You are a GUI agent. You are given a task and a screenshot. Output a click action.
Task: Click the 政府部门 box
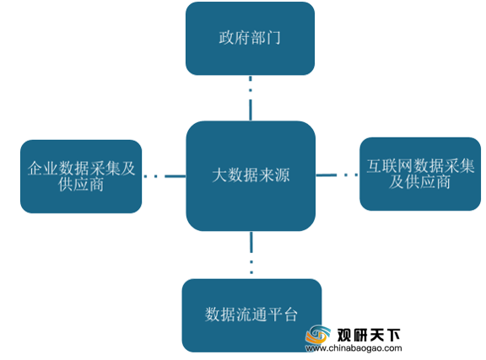pos(250,39)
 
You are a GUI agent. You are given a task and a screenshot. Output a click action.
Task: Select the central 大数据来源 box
pos(251,175)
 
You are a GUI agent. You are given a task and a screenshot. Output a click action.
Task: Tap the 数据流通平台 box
pos(251,315)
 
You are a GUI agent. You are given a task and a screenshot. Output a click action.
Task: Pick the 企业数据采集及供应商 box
pos(81,176)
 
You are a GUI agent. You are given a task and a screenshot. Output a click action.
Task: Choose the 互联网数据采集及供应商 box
pos(420,175)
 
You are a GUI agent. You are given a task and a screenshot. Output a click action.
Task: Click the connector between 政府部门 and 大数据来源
pos(251,98)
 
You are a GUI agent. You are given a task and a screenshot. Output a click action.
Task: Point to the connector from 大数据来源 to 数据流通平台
pos(251,253)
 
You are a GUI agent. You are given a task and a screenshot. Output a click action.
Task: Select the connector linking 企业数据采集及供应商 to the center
pos(165,176)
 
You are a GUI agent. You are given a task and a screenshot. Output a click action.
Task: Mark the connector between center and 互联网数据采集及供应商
pos(337,175)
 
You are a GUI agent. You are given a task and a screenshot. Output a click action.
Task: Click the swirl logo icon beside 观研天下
pos(318,335)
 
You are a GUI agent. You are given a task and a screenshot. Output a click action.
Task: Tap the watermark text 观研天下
pos(369,335)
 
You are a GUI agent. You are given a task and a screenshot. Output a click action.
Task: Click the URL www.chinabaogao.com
pos(354,348)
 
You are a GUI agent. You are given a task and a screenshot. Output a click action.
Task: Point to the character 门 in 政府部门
pos(273,38)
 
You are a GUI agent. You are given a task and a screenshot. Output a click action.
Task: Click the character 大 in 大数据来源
pos(219,175)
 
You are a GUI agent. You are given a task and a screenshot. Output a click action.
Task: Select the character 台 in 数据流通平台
pos(290,314)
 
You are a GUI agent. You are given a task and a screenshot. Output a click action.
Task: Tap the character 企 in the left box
pos(35,169)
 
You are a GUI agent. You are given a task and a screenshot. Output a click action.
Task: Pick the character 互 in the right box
pos(375,166)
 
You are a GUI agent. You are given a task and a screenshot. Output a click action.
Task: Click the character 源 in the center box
pos(282,175)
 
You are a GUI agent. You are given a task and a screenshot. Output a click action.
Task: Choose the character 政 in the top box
pos(227,38)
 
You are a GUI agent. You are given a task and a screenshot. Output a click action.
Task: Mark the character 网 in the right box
pos(405,166)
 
